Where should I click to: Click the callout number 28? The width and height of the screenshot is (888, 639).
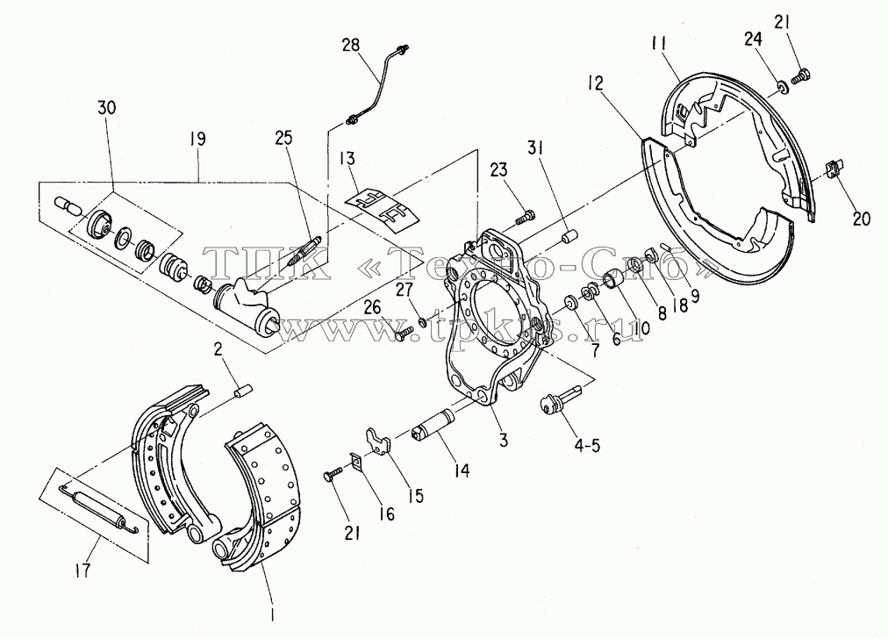(351, 45)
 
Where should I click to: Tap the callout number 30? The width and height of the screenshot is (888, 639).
(107, 107)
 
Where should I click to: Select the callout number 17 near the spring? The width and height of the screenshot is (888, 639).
(82, 570)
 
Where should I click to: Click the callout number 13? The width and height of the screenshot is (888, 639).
(347, 158)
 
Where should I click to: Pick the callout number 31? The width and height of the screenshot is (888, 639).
(536, 148)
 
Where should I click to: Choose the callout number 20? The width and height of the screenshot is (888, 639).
(861, 218)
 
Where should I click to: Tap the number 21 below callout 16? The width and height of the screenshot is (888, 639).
(352, 533)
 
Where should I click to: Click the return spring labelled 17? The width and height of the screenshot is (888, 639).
(100, 509)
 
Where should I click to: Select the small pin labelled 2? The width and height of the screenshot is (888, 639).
(242, 391)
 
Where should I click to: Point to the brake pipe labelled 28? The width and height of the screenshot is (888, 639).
(377, 84)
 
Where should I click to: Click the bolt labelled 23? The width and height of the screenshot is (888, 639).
(526, 216)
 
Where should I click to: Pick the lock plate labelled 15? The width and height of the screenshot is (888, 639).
(377, 440)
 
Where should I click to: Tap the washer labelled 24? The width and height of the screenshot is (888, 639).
(782, 87)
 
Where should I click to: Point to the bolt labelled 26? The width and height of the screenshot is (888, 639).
(405, 333)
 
